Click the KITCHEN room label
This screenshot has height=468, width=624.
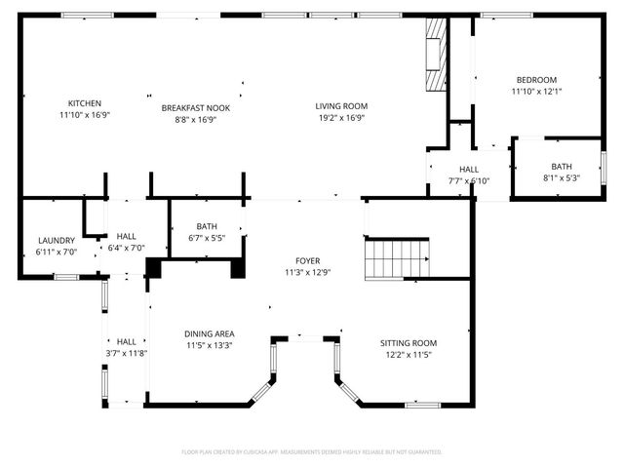[x=84, y=103]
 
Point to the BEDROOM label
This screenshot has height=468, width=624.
[x=535, y=80]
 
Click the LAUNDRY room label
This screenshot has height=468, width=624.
[x=57, y=241]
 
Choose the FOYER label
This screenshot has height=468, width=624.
[x=308, y=261]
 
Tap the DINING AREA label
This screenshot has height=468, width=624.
[x=210, y=333]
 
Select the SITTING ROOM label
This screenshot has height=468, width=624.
[x=409, y=343]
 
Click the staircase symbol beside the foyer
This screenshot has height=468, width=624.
[x=397, y=259]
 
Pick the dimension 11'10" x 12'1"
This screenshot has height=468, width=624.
[x=535, y=92]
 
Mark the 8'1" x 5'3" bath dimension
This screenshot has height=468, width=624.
[x=561, y=177]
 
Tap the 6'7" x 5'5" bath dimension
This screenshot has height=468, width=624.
[x=206, y=238]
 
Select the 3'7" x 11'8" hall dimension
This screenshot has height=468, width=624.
[x=127, y=353]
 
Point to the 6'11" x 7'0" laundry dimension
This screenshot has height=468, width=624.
[x=57, y=253]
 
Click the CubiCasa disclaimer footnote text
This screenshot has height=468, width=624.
[x=312, y=452]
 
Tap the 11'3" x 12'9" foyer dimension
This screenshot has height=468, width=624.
[x=308, y=273]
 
